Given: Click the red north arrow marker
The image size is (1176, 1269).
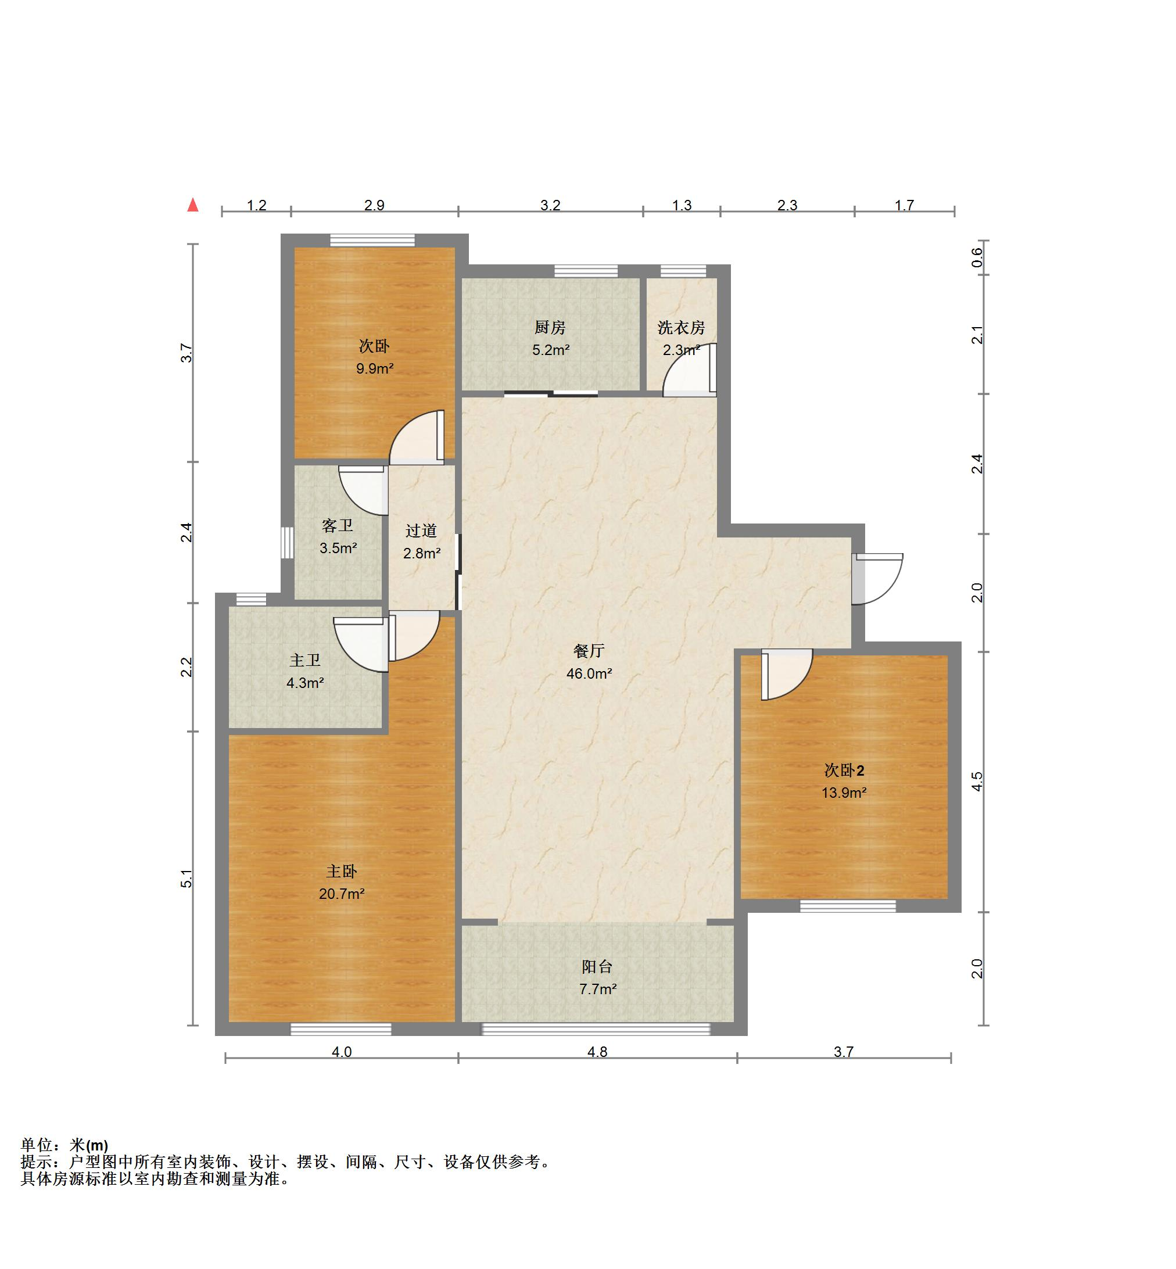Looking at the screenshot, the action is click(193, 205).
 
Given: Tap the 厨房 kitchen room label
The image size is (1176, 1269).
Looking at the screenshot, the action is click(550, 327).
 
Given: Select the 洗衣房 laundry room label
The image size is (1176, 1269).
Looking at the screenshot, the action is click(682, 328).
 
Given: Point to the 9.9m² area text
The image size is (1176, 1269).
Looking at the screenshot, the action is click(375, 368).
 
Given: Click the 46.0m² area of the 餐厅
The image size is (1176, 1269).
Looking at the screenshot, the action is click(589, 673).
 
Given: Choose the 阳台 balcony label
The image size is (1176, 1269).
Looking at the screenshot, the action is click(597, 967).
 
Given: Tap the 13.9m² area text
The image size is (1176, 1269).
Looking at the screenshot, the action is click(844, 793).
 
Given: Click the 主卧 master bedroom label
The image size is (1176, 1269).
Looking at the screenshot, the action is click(342, 871).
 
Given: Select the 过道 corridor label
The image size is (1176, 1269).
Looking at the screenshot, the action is click(421, 530).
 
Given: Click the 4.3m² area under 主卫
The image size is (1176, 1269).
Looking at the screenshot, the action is click(306, 683).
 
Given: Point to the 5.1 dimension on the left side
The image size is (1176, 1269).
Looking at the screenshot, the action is click(186, 878).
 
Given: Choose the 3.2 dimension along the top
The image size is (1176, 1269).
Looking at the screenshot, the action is click(550, 205).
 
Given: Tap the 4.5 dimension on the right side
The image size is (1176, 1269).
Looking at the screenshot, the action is click(977, 782).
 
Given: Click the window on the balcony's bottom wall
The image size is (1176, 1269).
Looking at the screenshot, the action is click(596, 1029).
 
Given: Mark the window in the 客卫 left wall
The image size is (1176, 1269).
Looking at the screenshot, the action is click(288, 543).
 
